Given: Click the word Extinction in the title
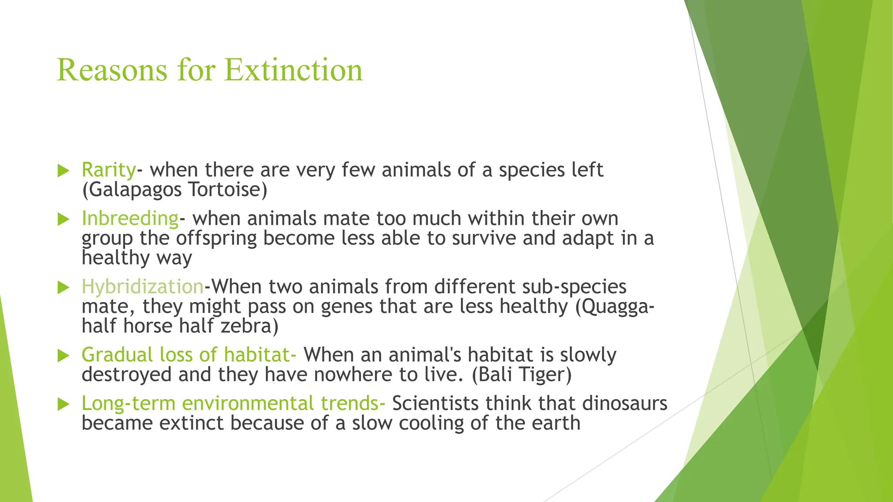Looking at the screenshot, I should (x=293, y=70).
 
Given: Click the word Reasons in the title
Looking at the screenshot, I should (x=112, y=70).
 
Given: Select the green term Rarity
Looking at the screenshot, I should (x=109, y=170).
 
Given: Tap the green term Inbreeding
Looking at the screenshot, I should (x=130, y=218).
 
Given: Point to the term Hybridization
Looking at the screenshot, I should (x=143, y=287).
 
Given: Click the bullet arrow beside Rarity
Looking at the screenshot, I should (x=64, y=171).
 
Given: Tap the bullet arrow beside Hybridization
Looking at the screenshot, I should (x=64, y=287).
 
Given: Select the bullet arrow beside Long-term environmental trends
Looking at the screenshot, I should (x=64, y=404).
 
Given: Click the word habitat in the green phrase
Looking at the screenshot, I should (x=256, y=355).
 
